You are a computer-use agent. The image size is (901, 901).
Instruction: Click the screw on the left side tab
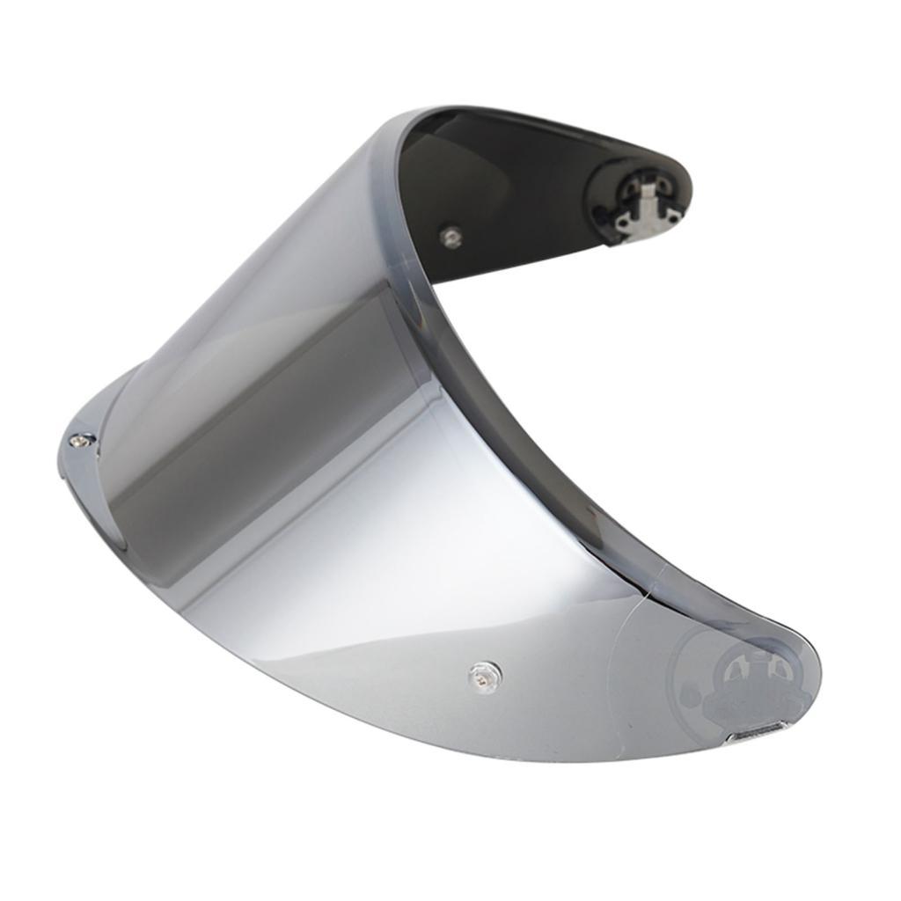tap(81, 439)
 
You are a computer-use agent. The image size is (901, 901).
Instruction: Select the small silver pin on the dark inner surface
tap(451, 236)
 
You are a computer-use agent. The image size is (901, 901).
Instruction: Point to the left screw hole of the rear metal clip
tap(623, 227)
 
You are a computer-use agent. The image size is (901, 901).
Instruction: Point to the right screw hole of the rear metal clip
tap(672, 216)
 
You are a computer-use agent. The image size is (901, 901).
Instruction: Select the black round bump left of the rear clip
tap(602, 211)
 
